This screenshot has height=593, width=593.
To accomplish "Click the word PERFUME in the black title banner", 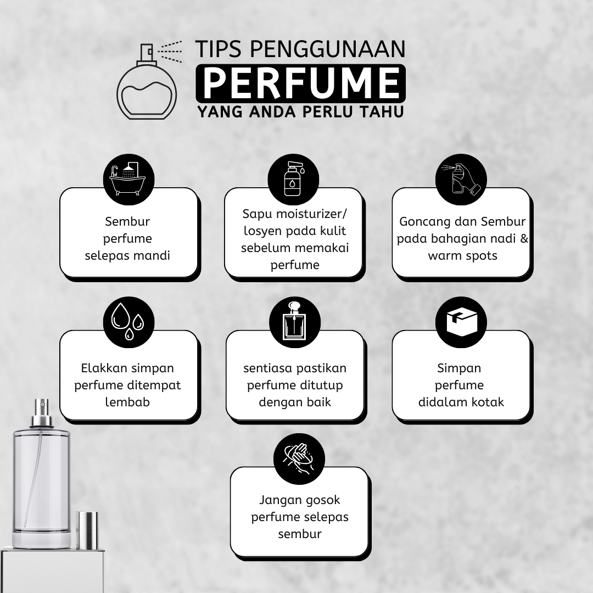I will pos(301,83).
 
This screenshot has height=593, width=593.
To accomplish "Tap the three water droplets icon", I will pos(128,321).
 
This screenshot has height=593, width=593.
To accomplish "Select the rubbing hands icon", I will pos(299,458).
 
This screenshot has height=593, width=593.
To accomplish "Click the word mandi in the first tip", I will pos(154,256).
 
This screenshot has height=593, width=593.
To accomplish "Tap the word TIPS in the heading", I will pos(220,49).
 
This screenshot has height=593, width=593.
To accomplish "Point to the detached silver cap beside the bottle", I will pos(87,530).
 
